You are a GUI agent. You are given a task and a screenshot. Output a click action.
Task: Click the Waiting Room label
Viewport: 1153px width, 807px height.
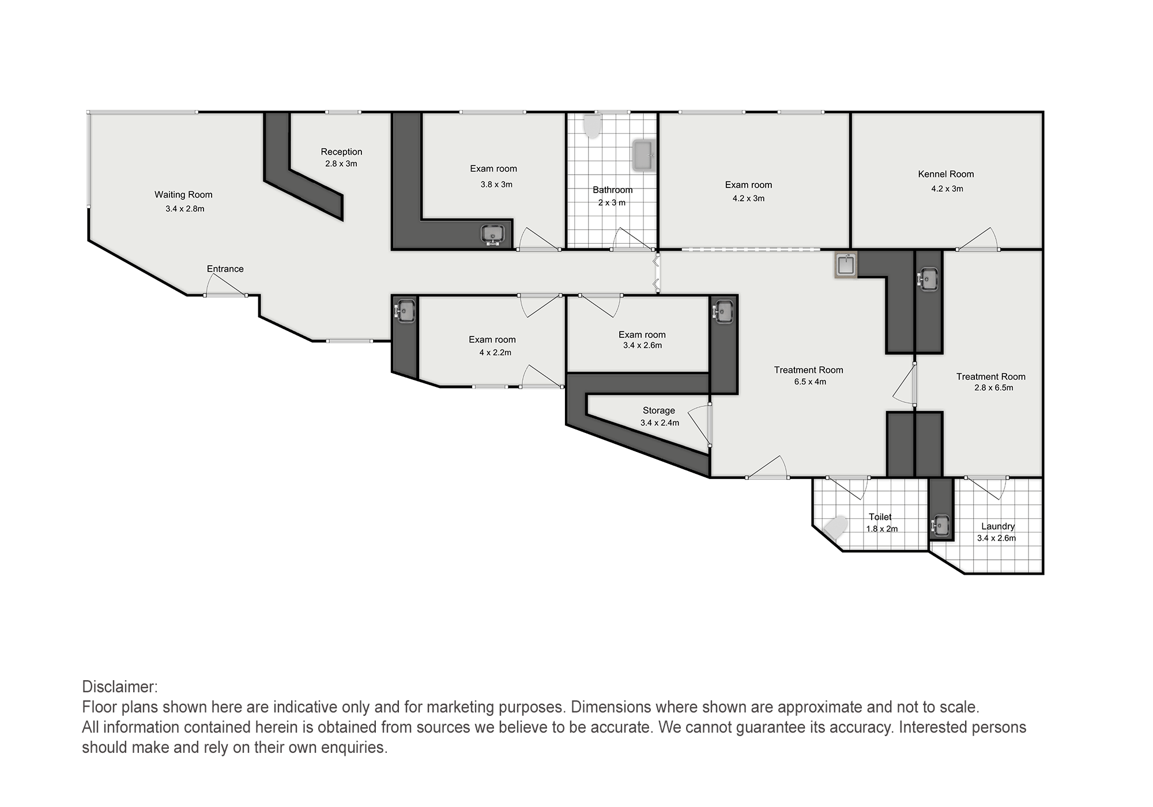[183, 195]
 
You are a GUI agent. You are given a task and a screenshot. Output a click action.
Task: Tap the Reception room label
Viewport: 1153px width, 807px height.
[341, 152]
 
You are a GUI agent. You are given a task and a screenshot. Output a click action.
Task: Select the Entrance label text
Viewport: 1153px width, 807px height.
[225, 269]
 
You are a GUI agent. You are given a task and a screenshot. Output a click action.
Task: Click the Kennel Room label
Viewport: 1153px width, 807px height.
[946, 174]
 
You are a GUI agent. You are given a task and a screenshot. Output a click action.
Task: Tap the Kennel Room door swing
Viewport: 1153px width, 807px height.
[978, 239]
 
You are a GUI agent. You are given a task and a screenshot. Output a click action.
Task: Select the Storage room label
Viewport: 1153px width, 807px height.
[659, 410]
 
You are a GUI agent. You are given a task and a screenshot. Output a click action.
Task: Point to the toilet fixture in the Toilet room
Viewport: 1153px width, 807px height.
[835, 527]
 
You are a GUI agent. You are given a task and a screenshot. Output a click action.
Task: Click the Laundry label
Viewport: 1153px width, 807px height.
[998, 526]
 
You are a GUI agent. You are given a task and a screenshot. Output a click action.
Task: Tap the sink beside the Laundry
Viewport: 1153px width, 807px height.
[940, 525]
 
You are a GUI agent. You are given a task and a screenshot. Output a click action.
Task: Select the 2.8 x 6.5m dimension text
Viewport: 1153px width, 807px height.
[994, 387]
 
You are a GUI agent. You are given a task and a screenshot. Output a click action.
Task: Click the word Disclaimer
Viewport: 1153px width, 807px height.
[120, 687]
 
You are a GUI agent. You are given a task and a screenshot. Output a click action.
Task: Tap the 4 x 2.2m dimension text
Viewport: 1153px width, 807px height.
[495, 352]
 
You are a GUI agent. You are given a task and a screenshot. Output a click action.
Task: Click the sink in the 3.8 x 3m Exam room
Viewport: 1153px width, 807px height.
[493, 235]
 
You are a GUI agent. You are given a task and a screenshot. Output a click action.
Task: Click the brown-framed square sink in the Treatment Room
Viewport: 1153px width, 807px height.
[846, 265]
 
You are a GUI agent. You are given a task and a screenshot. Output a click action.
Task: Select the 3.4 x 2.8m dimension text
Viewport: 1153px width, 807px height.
[184, 209]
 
